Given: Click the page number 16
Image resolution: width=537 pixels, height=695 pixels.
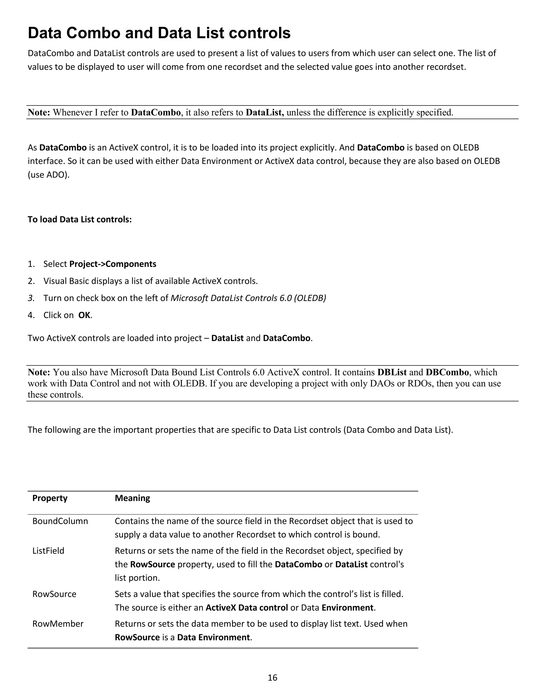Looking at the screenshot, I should [x=272, y=677].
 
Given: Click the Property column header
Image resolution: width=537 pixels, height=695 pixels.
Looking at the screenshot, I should [x=50, y=498].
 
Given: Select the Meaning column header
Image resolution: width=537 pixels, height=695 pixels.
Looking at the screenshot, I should [x=132, y=498].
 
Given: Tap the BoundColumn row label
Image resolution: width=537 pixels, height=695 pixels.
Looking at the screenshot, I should [x=60, y=521].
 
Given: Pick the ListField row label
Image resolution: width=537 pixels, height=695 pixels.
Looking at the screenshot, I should [x=48, y=550].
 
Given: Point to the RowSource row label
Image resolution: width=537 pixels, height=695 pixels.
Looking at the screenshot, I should [x=54, y=594].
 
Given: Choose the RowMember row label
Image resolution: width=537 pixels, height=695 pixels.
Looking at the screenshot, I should [x=58, y=623].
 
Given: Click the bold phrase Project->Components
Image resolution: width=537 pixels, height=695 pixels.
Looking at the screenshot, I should [x=112, y=264].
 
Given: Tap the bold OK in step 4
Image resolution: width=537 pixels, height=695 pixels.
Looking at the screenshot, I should [x=84, y=315].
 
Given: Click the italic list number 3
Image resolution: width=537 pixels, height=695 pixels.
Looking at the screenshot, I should [x=31, y=298].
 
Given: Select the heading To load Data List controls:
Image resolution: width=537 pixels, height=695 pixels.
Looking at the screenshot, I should [x=79, y=219].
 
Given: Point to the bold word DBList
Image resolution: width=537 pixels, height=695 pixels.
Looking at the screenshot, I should [x=392, y=372].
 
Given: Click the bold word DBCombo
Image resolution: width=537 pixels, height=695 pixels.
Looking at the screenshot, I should [x=447, y=372].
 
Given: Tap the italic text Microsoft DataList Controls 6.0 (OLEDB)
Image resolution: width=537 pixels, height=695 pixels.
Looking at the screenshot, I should [x=248, y=298].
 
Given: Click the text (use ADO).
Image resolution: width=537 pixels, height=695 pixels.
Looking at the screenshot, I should [x=48, y=174].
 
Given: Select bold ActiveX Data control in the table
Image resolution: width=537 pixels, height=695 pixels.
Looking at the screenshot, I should [x=246, y=607].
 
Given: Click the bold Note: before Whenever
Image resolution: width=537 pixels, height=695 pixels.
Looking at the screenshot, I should [x=39, y=112].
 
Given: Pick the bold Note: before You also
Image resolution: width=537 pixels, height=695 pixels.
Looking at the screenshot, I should [x=39, y=372].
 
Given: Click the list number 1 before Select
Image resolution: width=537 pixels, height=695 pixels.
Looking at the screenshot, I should [x=31, y=264].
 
